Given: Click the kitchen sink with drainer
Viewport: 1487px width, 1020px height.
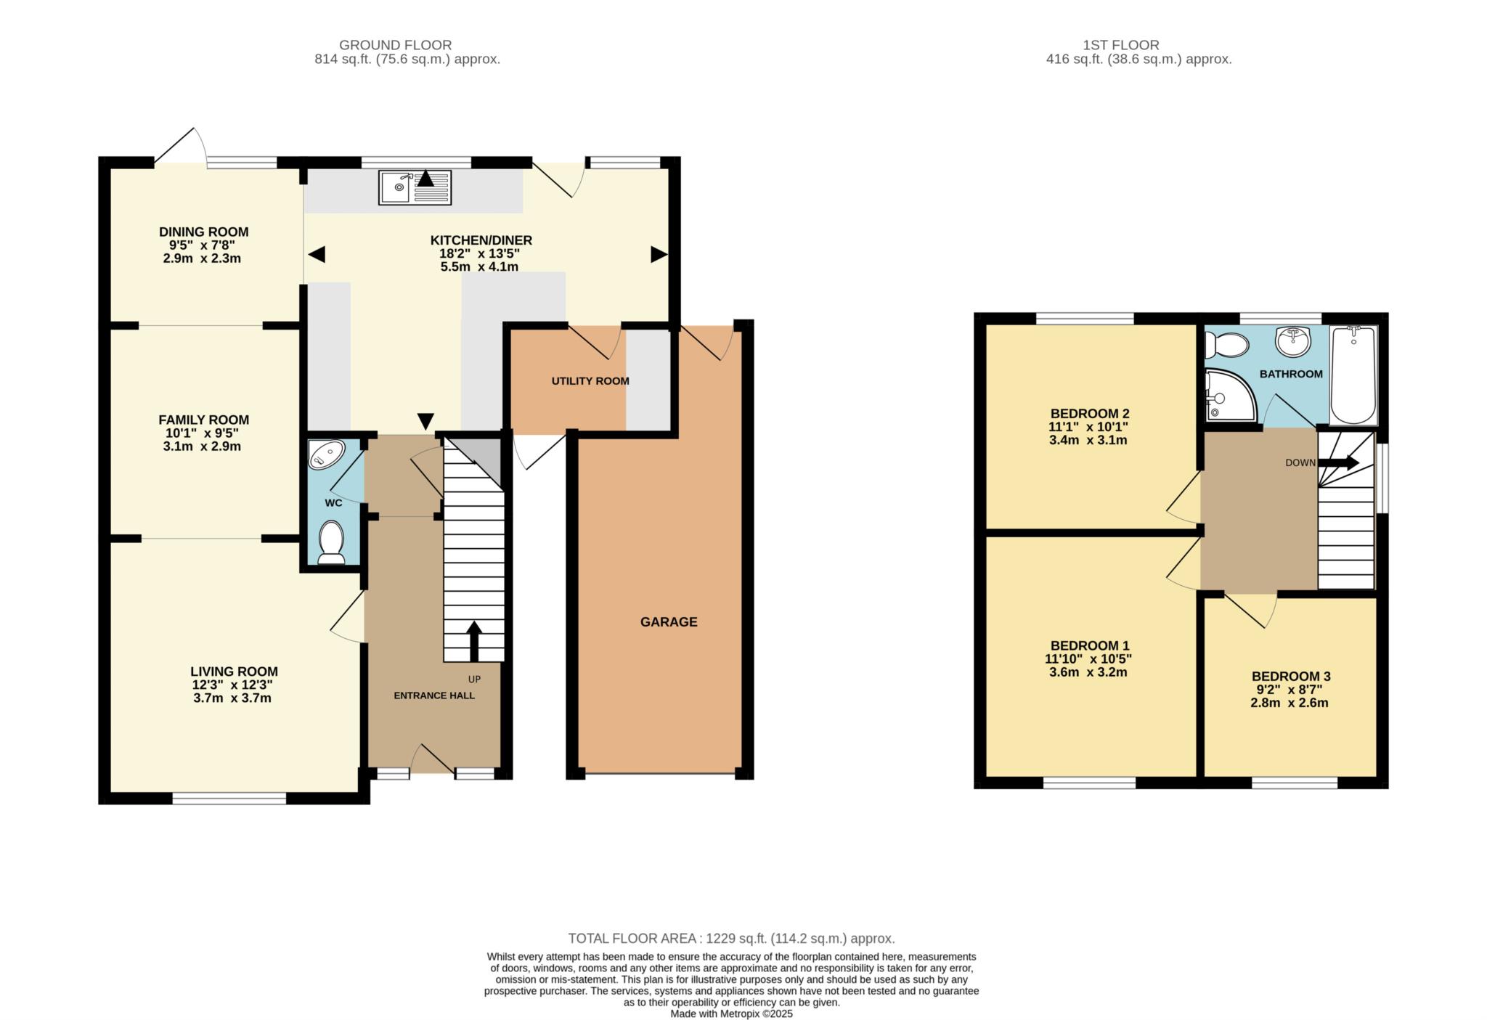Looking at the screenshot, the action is [415, 187].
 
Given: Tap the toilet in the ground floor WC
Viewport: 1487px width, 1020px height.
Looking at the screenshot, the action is [332, 542].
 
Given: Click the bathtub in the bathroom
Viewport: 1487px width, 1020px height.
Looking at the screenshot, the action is [1353, 375].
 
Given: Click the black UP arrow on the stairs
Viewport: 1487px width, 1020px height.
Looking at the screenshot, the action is [474, 641].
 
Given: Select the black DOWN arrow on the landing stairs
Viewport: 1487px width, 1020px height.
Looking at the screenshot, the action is [1338, 462].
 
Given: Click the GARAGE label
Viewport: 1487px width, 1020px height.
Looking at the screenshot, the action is [669, 622].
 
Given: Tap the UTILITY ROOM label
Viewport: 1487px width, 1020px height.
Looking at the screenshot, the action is [590, 381].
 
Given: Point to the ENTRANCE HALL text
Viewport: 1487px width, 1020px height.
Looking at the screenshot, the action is [434, 695].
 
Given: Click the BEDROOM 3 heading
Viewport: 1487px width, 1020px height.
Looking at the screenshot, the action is [1291, 677].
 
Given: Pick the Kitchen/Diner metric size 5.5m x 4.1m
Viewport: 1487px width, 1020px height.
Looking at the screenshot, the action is [479, 266].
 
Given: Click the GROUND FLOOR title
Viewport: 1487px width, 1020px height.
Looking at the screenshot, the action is [396, 45].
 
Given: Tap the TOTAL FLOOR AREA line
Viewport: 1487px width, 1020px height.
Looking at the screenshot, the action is [731, 939].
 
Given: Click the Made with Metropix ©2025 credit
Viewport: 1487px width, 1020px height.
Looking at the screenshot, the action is [731, 1014].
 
